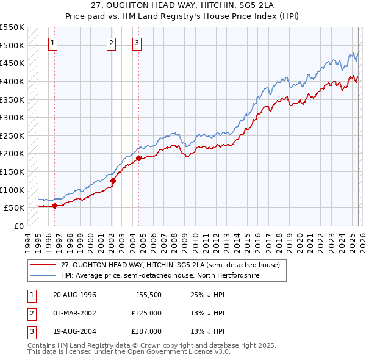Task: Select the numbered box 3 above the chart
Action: tap(137, 43)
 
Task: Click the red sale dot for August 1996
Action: tap(54, 206)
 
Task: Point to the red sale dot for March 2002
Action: tap(113, 181)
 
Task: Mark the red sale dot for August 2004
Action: tap(138, 158)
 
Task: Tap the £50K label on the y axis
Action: tap(15, 208)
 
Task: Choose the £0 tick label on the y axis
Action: tap(20, 226)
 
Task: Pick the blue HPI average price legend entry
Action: tap(160, 276)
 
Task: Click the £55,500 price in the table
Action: tap(148, 295)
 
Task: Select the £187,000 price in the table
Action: tap(146, 331)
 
